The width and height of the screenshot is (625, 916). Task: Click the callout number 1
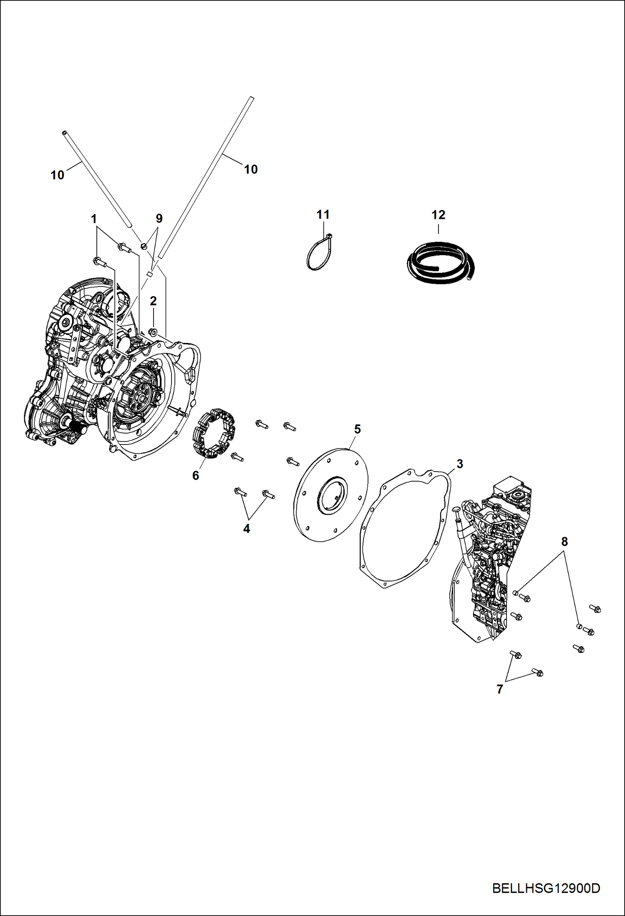(94, 219)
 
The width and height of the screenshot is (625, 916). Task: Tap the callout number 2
(153, 301)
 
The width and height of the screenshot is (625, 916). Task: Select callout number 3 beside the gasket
(460, 464)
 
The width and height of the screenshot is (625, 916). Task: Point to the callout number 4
(247, 529)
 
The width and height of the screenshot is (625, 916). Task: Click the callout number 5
(357, 429)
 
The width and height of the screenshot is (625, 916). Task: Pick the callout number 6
(195, 475)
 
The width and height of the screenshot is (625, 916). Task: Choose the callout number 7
(500, 689)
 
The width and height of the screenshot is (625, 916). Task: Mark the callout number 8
(565, 542)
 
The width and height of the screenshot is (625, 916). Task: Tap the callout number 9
(159, 218)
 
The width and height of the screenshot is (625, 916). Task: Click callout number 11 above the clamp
(323, 215)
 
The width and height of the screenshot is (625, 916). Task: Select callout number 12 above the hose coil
(438, 215)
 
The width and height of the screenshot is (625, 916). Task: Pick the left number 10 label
(58, 175)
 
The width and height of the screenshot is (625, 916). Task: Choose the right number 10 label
(251, 169)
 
